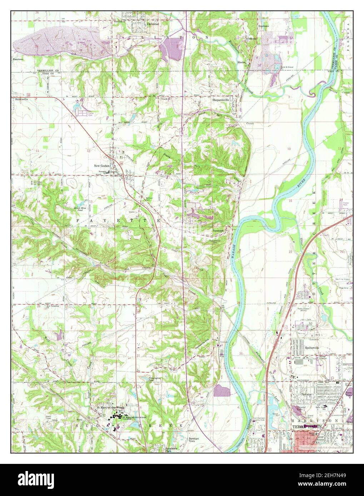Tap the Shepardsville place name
tap(222, 100)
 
